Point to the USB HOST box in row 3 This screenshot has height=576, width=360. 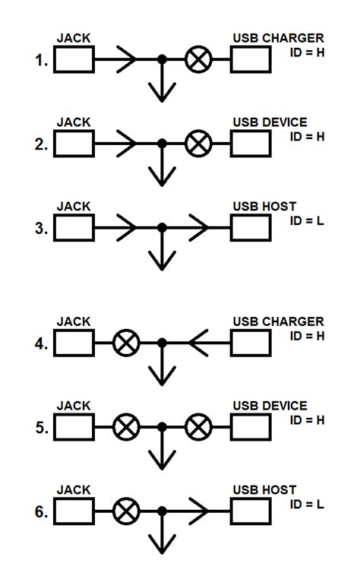point(251,226)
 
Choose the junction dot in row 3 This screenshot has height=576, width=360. point(161,226)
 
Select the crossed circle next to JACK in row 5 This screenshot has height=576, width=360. point(125,429)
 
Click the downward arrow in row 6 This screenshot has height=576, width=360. point(161,543)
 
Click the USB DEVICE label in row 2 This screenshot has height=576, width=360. point(270,122)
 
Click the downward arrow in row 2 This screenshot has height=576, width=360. point(161,173)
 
